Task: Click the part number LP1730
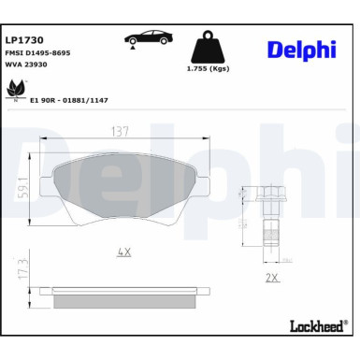coord(21,41)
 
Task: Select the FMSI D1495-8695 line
coord(36,54)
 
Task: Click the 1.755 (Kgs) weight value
coord(208,69)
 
